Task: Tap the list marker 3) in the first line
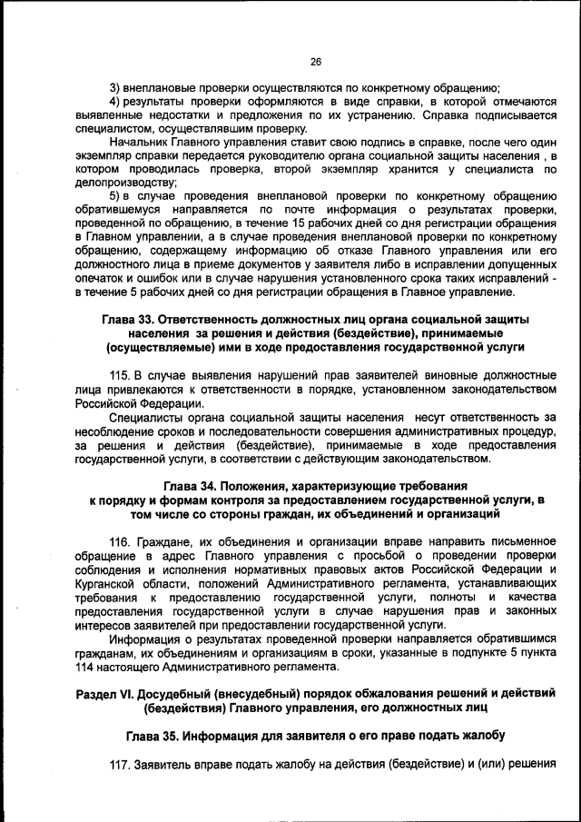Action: point(115,88)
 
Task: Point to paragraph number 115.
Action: point(121,375)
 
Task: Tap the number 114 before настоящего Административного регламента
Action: point(87,666)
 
